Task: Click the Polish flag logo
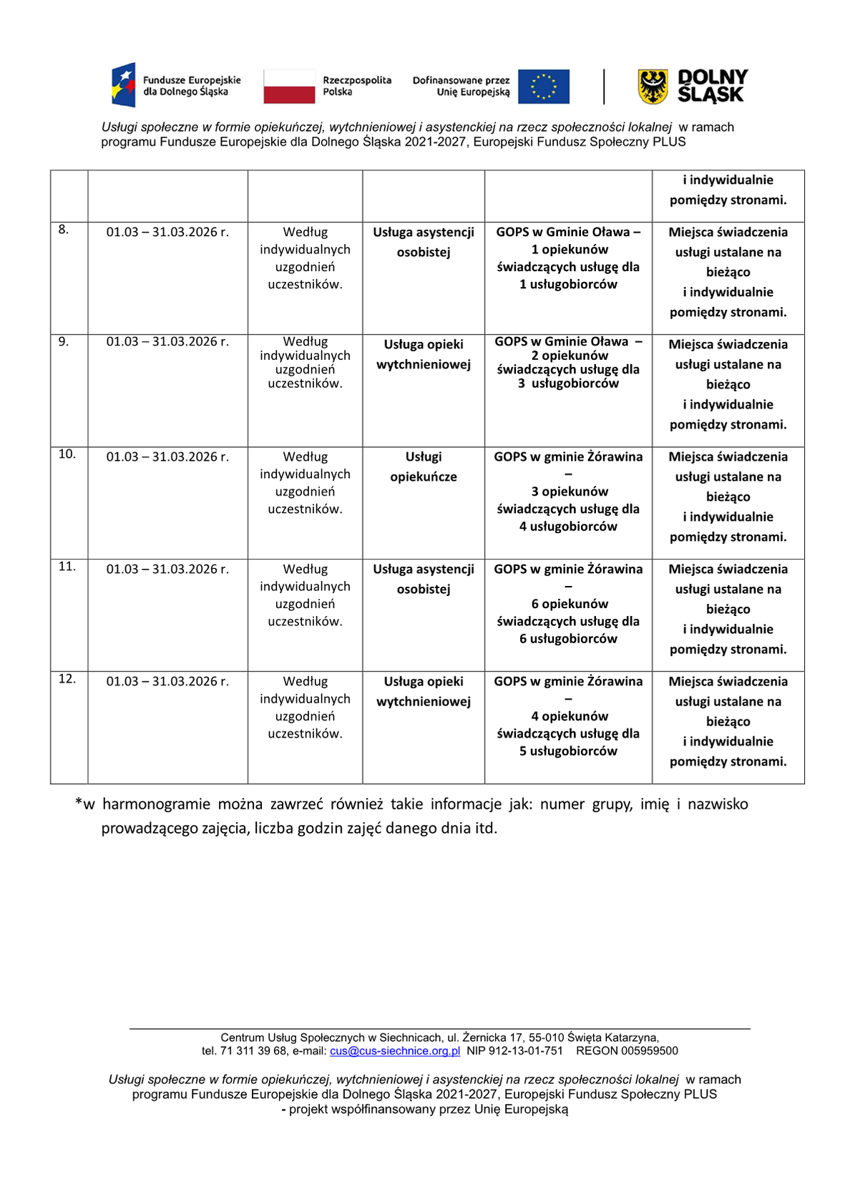point(289,87)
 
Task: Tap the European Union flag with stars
point(544,87)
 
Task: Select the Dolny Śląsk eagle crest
point(653,87)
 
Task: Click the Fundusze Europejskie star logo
point(124,85)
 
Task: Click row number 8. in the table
point(64,230)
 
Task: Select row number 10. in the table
point(67,454)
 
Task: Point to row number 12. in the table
point(67,679)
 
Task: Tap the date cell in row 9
point(167,342)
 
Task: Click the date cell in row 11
point(167,570)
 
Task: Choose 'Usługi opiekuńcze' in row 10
point(424,466)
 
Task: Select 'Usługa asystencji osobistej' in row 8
point(424,242)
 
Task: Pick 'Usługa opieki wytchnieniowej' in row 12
point(424,691)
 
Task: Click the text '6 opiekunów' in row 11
point(570,604)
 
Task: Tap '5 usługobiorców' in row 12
point(568,751)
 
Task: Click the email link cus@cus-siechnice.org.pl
point(395,1051)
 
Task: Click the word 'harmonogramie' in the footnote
point(156,804)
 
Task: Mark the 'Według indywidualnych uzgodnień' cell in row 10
point(306,483)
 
